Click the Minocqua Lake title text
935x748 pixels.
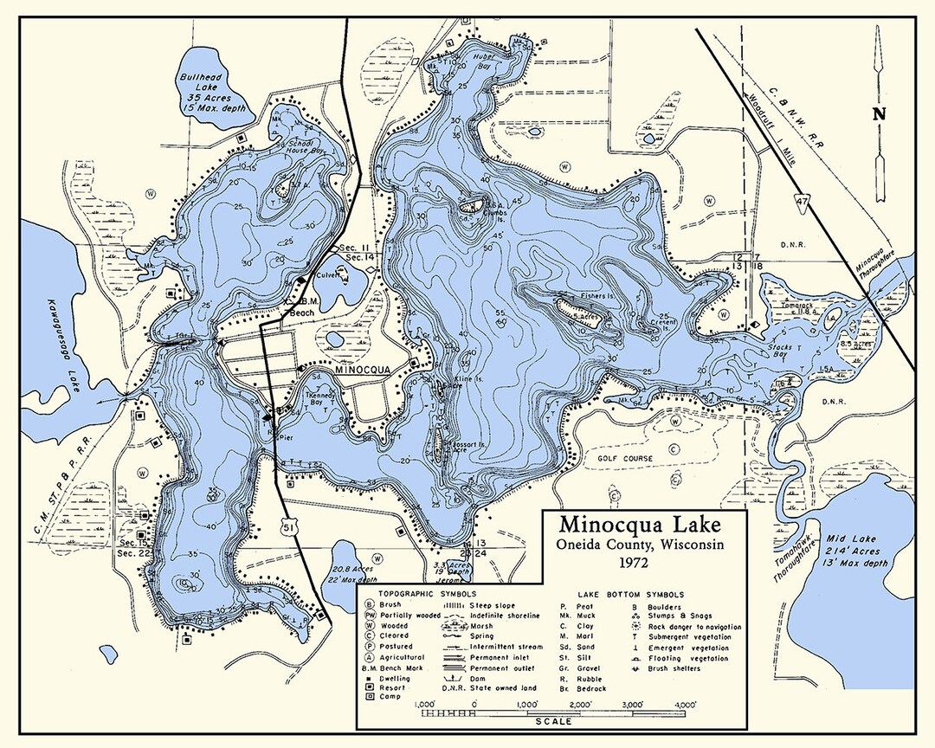point(639,525)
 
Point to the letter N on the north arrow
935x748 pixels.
point(879,113)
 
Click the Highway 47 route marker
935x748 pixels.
point(803,202)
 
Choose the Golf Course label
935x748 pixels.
point(624,458)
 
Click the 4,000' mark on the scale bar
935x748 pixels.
point(689,704)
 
